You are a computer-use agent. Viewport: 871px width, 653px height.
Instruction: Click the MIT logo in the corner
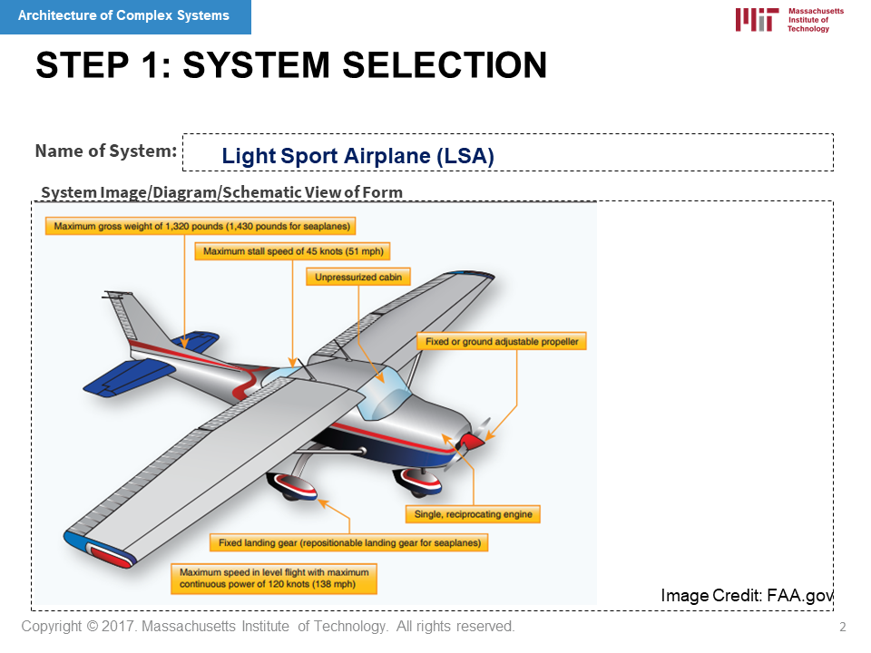pyautogui.click(x=789, y=20)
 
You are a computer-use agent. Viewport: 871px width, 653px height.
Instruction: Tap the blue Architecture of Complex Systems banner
pyautogui.click(x=125, y=16)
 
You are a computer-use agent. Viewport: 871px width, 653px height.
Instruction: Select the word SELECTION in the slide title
pyautogui.click(x=445, y=65)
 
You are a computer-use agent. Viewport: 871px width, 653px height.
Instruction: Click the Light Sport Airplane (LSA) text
pyautogui.click(x=357, y=156)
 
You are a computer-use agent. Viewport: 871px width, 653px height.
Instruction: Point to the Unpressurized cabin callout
pyautogui.click(x=358, y=278)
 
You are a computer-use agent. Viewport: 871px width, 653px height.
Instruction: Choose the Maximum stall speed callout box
pyautogui.click(x=293, y=251)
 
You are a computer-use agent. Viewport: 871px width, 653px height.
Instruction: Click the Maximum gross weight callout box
pyautogui.click(x=201, y=226)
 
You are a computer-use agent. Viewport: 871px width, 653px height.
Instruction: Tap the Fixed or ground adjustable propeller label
pyautogui.click(x=502, y=342)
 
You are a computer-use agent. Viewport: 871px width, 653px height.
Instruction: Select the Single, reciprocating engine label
pyautogui.click(x=473, y=514)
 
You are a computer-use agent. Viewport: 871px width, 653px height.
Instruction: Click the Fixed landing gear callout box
pyautogui.click(x=349, y=542)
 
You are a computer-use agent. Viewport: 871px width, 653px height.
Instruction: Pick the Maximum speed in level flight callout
pyautogui.click(x=274, y=578)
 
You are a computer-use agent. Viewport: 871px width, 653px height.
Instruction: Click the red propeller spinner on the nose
pyautogui.click(x=471, y=442)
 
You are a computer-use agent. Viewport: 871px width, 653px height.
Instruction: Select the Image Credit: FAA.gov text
pyautogui.click(x=747, y=595)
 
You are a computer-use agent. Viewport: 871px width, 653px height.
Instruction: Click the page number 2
pyautogui.click(x=843, y=627)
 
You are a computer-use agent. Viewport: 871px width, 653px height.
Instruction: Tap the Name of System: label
pyautogui.click(x=106, y=151)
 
